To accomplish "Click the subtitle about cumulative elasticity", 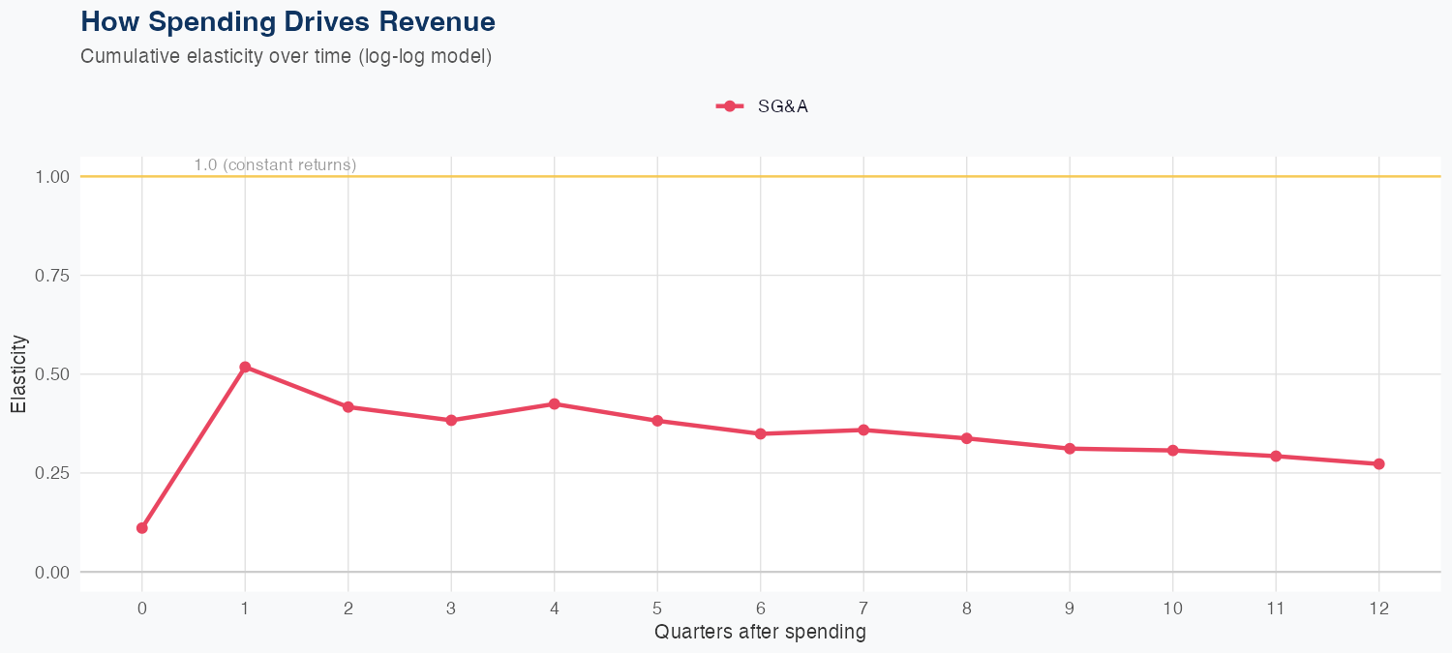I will point(287,56).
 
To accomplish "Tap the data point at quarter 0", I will point(142,528).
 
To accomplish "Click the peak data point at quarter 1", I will point(245,368).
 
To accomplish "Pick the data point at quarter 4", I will point(554,403).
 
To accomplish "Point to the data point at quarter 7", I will point(863,430).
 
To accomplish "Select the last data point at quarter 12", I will point(1378,464).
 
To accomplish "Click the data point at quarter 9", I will point(1070,449).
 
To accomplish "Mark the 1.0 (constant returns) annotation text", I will point(275,165).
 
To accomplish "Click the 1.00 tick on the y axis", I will point(52,177).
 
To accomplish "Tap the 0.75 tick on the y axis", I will point(52,276).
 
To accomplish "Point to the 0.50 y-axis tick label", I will point(52,374).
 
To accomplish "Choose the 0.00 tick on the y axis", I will point(52,573).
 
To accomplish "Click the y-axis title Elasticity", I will point(18,374).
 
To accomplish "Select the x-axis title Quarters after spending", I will point(760,633).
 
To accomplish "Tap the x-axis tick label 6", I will point(761,608).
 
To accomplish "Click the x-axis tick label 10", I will point(1172,608).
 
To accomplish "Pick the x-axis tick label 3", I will point(451,608).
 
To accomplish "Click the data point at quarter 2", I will point(348,407).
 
